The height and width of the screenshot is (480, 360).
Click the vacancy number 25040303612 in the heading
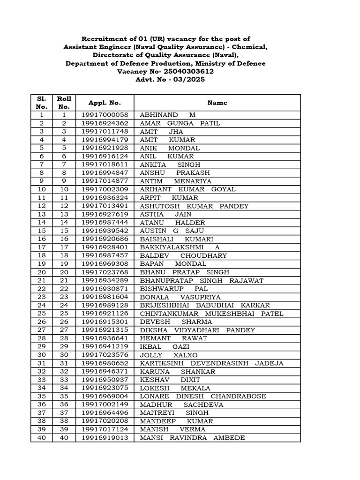[x=186, y=71]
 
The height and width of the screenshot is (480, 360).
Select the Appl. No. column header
[x=104, y=102]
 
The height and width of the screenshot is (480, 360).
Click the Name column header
[x=217, y=102]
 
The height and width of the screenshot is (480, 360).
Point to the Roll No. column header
[x=64, y=102]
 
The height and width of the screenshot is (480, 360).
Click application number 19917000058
[x=104, y=115]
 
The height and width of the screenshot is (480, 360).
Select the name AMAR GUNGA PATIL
[x=180, y=123]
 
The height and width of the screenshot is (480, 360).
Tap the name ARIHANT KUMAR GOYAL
[x=187, y=189]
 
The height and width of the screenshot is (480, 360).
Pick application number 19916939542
[x=104, y=231]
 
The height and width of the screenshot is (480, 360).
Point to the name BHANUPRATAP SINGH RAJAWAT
[x=202, y=280]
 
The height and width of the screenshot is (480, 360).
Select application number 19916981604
[x=104, y=297]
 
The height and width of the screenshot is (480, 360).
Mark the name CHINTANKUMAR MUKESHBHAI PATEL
[x=211, y=314]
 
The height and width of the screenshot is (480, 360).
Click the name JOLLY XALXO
[x=165, y=355]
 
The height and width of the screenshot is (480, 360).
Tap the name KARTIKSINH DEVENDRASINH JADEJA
[x=211, y=363]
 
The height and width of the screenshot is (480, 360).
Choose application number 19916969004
[x=104, y=396]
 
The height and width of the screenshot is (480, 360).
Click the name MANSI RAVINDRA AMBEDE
[x=192, y=438]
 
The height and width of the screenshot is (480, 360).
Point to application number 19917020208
[x=104, y=421]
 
